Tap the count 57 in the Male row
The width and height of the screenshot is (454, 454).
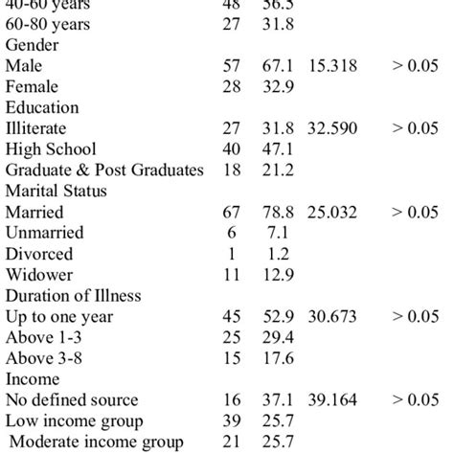coord(231,66)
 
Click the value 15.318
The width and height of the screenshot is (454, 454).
coord(332,66)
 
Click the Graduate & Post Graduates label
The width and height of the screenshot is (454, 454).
coord(104,170)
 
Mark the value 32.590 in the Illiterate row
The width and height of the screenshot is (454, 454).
coord(332,128)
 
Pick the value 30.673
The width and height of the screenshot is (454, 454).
coord(332,316)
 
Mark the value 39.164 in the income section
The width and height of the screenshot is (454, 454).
coord(332,399)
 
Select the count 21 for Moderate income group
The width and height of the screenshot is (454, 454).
coord(231,442)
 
